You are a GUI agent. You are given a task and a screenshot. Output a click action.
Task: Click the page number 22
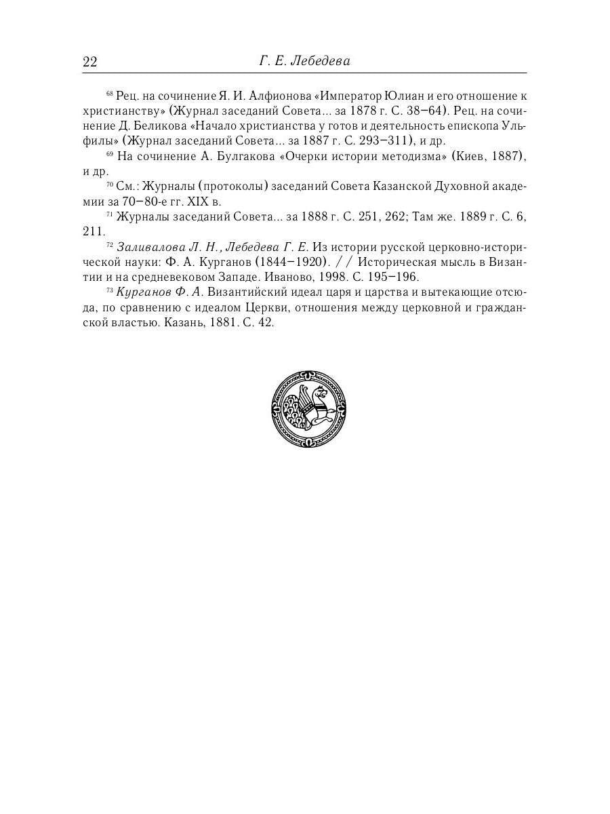tap(90, 62)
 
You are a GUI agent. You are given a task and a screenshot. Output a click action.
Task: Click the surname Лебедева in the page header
tap(320, 62)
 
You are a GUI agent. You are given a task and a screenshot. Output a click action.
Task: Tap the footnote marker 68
tap(110, 92)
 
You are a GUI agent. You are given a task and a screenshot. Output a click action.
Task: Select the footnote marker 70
tap(110, 184)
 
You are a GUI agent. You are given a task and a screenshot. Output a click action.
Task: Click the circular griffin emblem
tap(308, 409)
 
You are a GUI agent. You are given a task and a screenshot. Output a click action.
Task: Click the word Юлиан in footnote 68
tap(407, 95)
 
